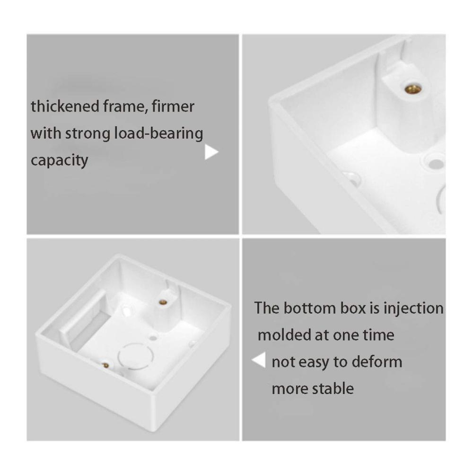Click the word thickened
pyautogui.click(x=65, y=106)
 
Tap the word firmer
pyautogui.click(x=173, y=106)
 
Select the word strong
pyautogui.click(x=88, y=134)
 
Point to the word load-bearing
pyautogui.click(x=158, y=133)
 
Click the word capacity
pyautogui.click(x=60, y=161)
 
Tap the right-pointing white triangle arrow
pyautogui.click(x=211, y=152)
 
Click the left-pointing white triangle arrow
pyautogui.click(x=259, y=360)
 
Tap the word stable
pyautogui.click(x=333, y=388)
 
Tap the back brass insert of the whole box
pyautogui.click(x=163, y=302)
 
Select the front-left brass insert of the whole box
pyautogui.click(x=105, y=366)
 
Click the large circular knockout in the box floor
pyautogui.click(x=136, y=356)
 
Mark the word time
pyautogui.click(x=378, y=335)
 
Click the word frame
pyautogui.click(x=126, y=106)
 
